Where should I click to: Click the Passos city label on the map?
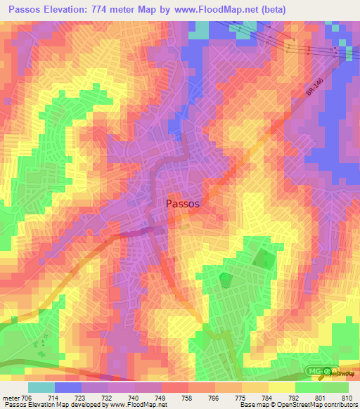click(x=183, y=203)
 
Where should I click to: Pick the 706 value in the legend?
click(x=27, y=398)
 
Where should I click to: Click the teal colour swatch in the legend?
click(x=41, y=387)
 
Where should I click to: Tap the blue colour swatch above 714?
click(x=68, y=387)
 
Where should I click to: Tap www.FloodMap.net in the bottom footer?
click(x=133, y=405)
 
